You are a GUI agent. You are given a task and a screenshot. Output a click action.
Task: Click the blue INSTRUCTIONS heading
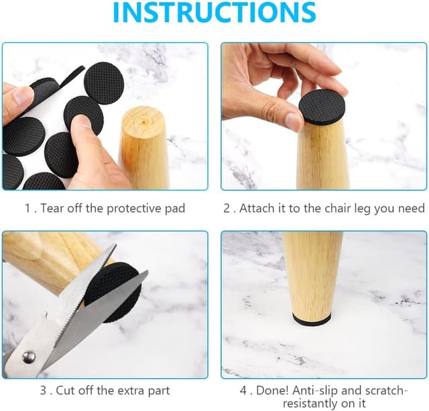click(x=214, y=12)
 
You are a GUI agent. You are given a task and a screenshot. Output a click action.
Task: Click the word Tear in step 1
click(x=52, y=209)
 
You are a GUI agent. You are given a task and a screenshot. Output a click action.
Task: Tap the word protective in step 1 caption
click(x=133, y=209)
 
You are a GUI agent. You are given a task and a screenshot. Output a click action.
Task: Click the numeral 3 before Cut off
click(x=43, y=390)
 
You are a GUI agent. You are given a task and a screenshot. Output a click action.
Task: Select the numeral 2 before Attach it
click(x=227, y=209)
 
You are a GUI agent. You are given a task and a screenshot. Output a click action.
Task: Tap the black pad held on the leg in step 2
click(x=322, y=107)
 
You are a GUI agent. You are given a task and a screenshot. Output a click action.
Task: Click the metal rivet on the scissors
click(x=28, y=357)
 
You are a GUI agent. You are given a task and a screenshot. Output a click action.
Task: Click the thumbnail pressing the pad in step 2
click(x=294, y=121)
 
